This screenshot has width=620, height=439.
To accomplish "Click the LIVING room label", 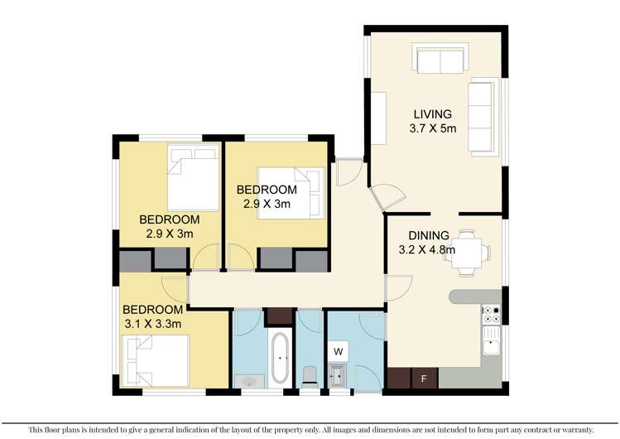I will coord(433,115).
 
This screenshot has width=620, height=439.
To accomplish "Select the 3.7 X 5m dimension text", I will coord(433,129).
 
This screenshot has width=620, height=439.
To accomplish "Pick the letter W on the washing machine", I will coord(338,350).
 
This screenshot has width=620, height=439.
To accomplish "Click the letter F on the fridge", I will coord(425,379).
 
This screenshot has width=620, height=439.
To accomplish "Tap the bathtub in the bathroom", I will coord(280,357).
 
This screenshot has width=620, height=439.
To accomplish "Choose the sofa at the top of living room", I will coord(440,60).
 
